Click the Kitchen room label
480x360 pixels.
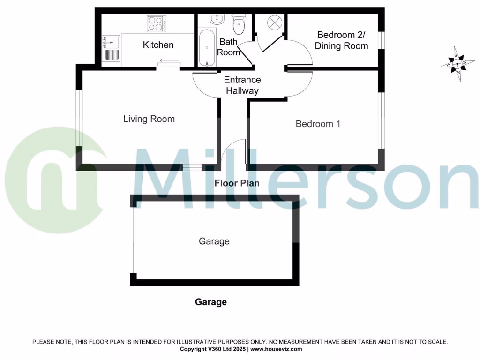coord(158,45)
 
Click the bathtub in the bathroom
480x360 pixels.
coord(206,48)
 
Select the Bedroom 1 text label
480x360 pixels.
coord(317,124)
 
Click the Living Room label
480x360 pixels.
coord(149,119)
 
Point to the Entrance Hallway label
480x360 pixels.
coord(242,85)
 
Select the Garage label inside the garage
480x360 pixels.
coord(214,241)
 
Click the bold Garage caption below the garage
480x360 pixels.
coord(210,302)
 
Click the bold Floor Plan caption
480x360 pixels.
coord(237,183)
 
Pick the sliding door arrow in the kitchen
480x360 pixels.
coord(169,60)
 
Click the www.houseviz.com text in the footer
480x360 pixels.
coord(276,349)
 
